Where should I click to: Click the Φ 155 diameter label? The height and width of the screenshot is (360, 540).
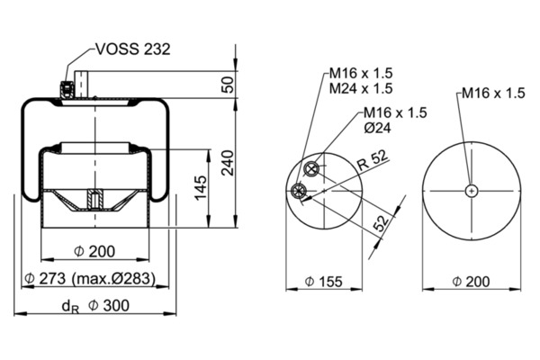point(322,283)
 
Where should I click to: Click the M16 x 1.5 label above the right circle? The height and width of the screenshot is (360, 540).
point(491,92)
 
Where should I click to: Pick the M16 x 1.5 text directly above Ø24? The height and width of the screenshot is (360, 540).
point(394,112)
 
